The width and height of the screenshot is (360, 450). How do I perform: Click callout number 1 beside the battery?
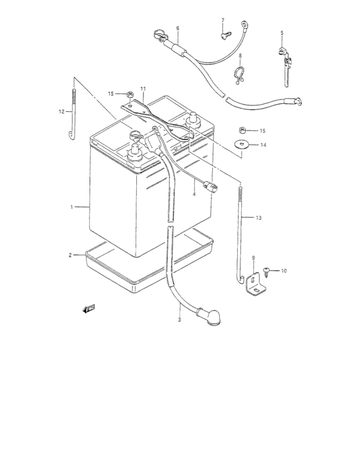point(73,207)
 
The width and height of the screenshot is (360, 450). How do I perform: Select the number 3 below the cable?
point(180,319)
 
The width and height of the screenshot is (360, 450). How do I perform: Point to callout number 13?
point(258,219)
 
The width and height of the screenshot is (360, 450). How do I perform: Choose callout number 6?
point(177,28)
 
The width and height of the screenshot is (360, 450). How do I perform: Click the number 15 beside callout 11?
point(111,94)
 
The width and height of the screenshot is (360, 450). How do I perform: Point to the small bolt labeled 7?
point(224,36)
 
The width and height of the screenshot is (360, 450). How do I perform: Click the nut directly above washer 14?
point(243,129)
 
